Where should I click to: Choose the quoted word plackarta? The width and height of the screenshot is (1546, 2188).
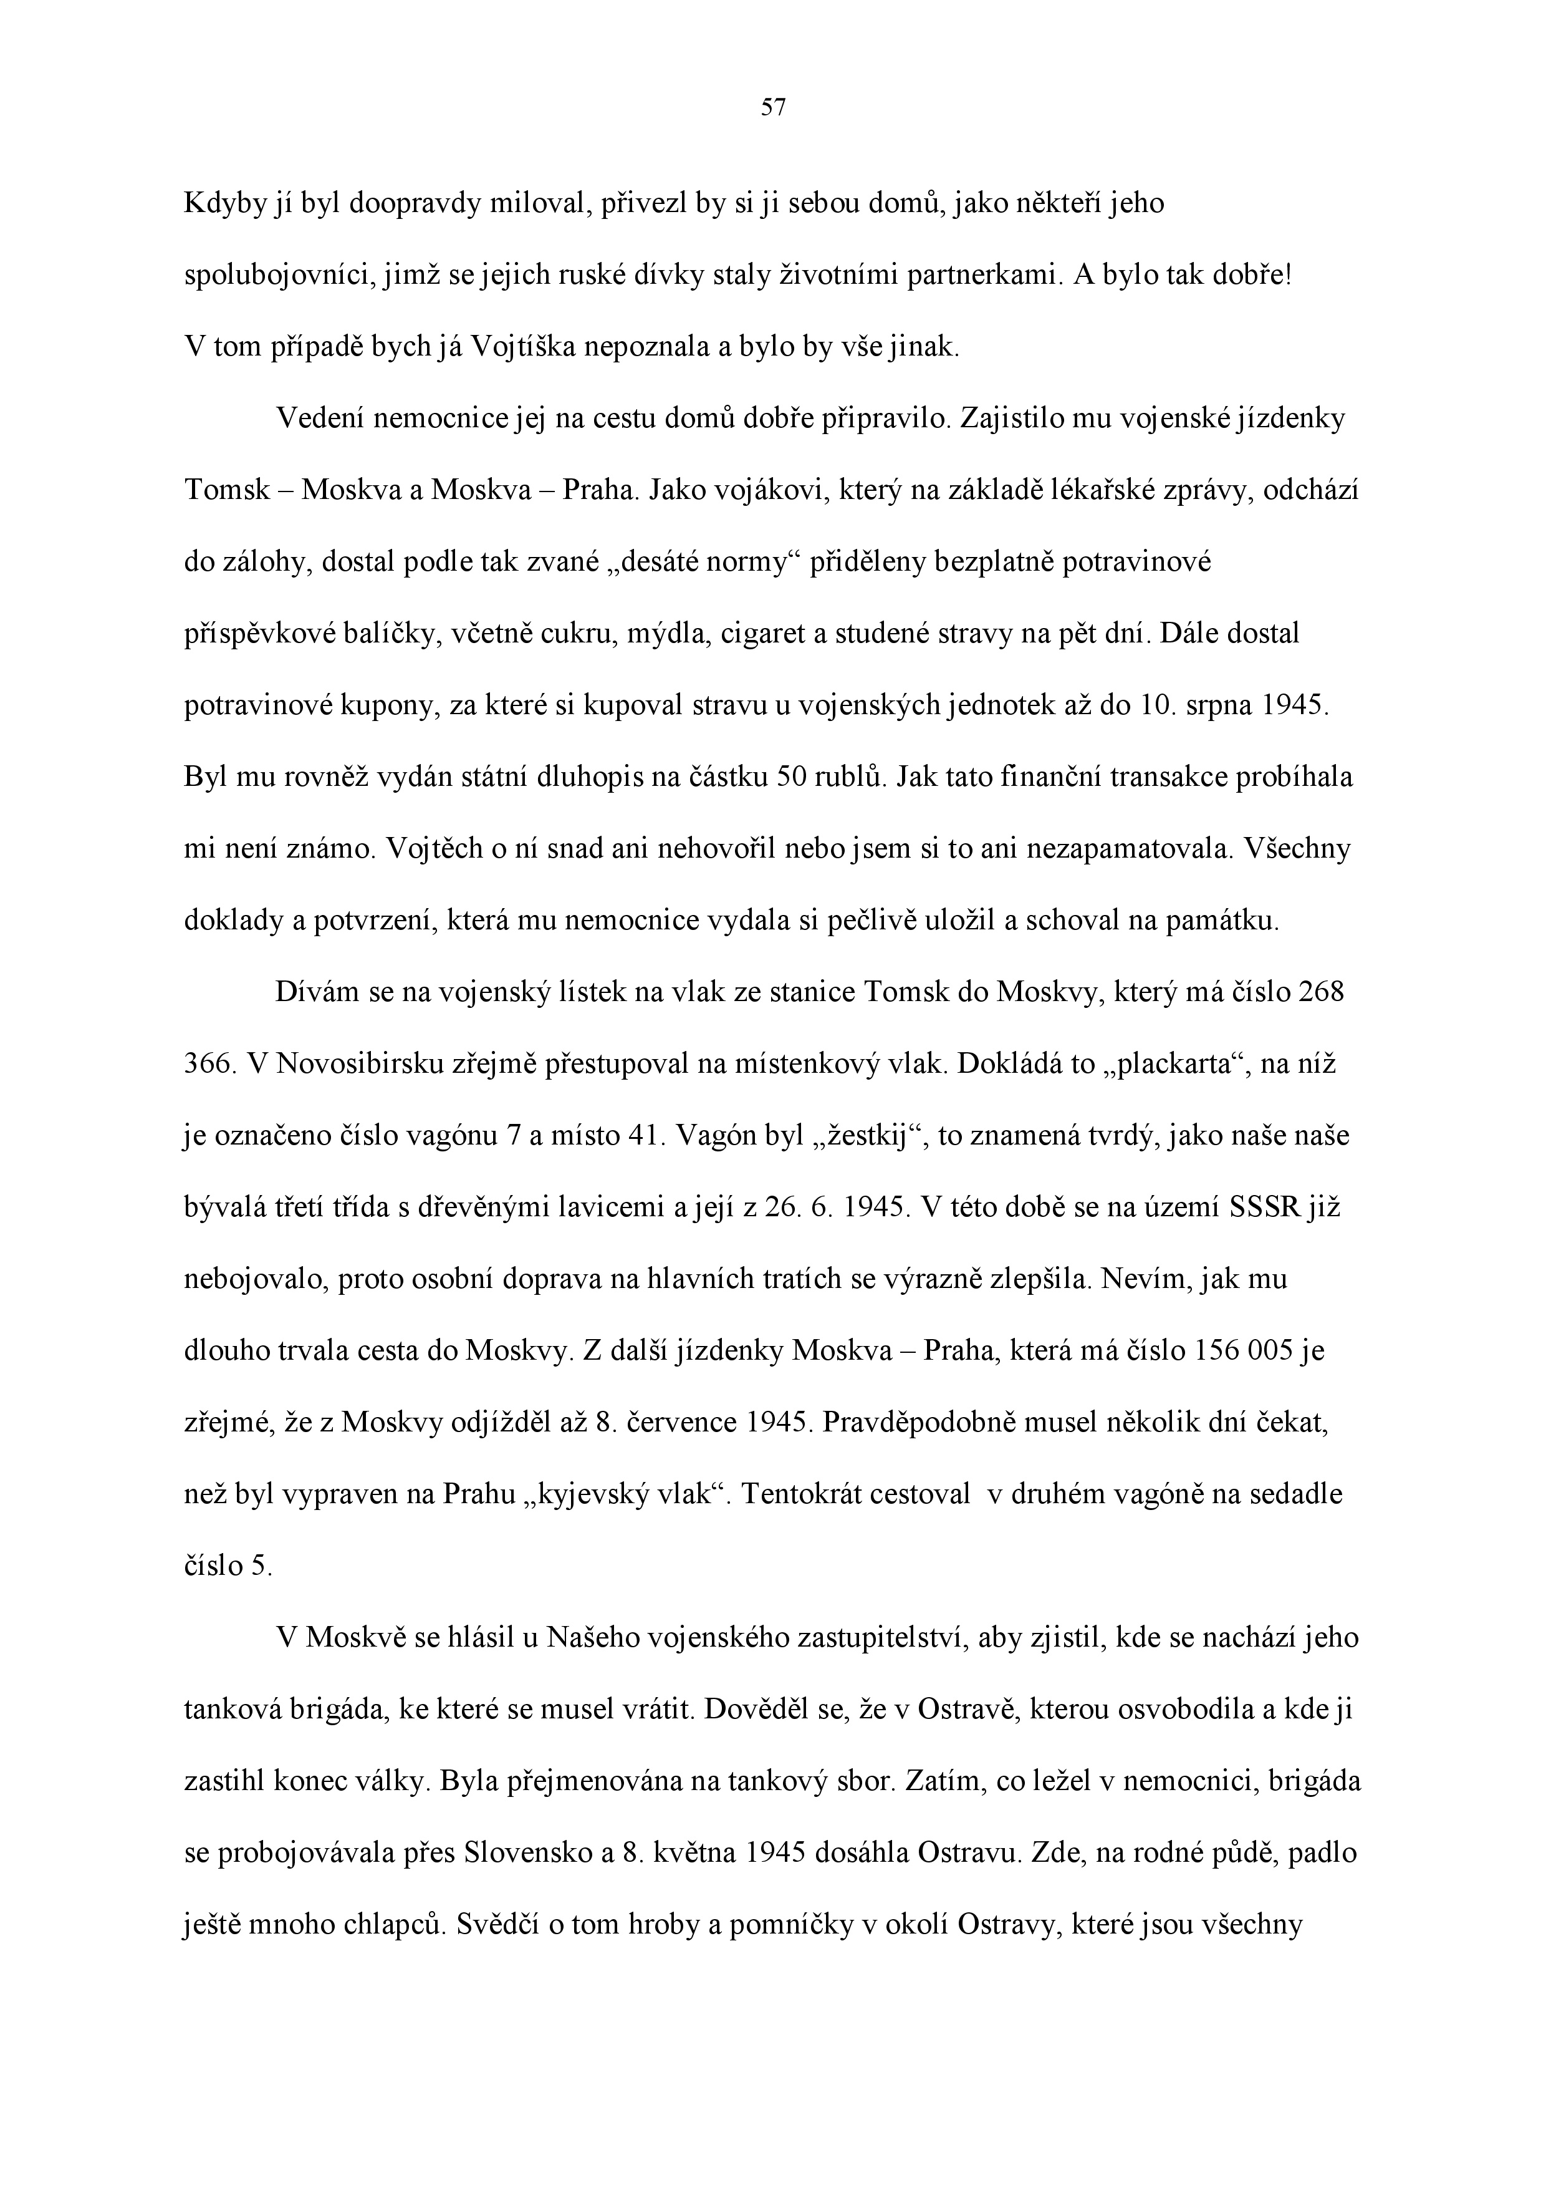(1176, 1063)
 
